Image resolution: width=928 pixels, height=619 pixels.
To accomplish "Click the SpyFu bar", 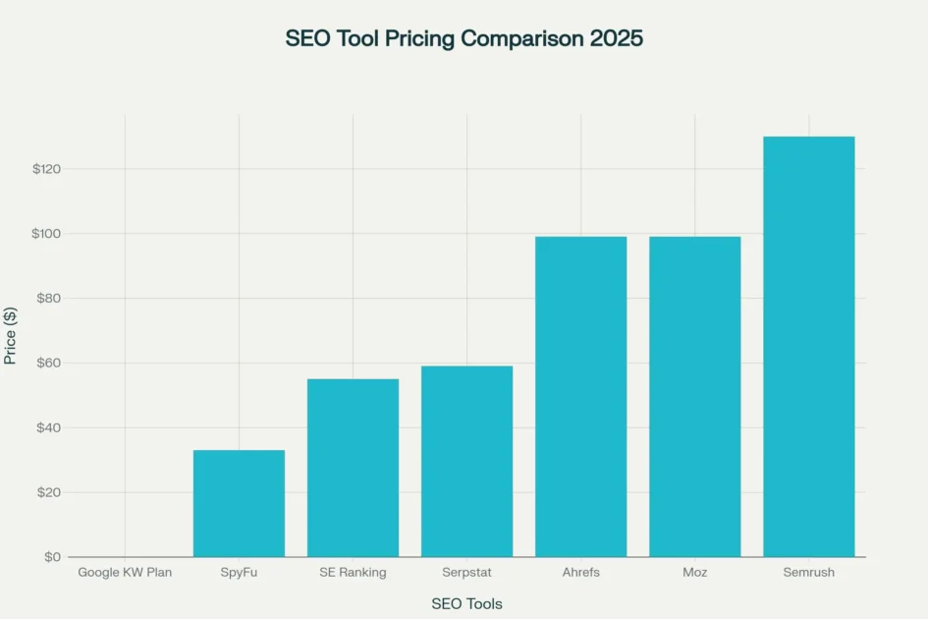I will click(239, 503).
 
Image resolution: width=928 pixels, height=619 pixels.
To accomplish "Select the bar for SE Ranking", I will click(353, 468).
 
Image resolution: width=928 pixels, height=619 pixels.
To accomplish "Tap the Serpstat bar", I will click(466, 462).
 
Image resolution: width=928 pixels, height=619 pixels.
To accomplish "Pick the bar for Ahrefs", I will click(580, 397).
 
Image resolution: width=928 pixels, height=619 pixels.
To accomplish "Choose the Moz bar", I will click(694, 397).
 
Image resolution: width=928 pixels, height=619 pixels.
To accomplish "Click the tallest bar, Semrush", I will click(808, 347).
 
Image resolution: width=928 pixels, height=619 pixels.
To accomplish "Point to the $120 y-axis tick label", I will click(46, 169).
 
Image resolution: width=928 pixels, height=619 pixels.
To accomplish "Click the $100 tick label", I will click(46, 234).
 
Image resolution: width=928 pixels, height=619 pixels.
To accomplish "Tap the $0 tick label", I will click(52, 557).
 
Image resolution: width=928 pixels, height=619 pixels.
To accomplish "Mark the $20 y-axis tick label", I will click(49, 492).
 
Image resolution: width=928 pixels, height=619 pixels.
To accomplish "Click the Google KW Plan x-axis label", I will click(125, 573).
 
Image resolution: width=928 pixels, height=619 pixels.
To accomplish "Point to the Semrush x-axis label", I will click(808, 573).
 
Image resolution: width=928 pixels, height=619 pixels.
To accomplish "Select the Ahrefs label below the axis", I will click(580, 573).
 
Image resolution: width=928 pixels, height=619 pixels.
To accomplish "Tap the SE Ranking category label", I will click(353, 573).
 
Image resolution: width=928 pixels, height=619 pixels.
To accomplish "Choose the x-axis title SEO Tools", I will click(466, 603).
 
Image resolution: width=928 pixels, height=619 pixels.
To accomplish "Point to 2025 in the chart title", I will click(615, 39).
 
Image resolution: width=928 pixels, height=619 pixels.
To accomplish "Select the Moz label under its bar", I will click(694, 573).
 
